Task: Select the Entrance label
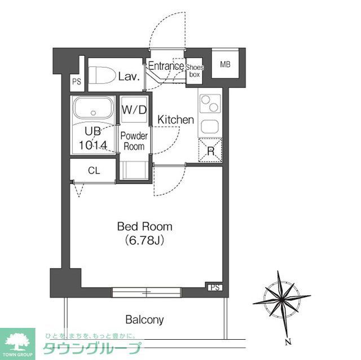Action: [165, 66]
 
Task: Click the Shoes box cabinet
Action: [196, 71]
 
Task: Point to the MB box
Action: [225, 65]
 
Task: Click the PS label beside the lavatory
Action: [77, 82]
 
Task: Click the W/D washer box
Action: [134, 109]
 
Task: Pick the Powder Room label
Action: [134, 141]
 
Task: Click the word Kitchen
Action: [175, 120]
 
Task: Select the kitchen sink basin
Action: [210, 126]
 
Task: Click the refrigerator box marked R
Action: [210, 150]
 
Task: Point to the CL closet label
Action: [94, 171]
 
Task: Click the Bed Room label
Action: [144, 226]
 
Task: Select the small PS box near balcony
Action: [214, 287]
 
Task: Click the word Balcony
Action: [144, 320]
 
